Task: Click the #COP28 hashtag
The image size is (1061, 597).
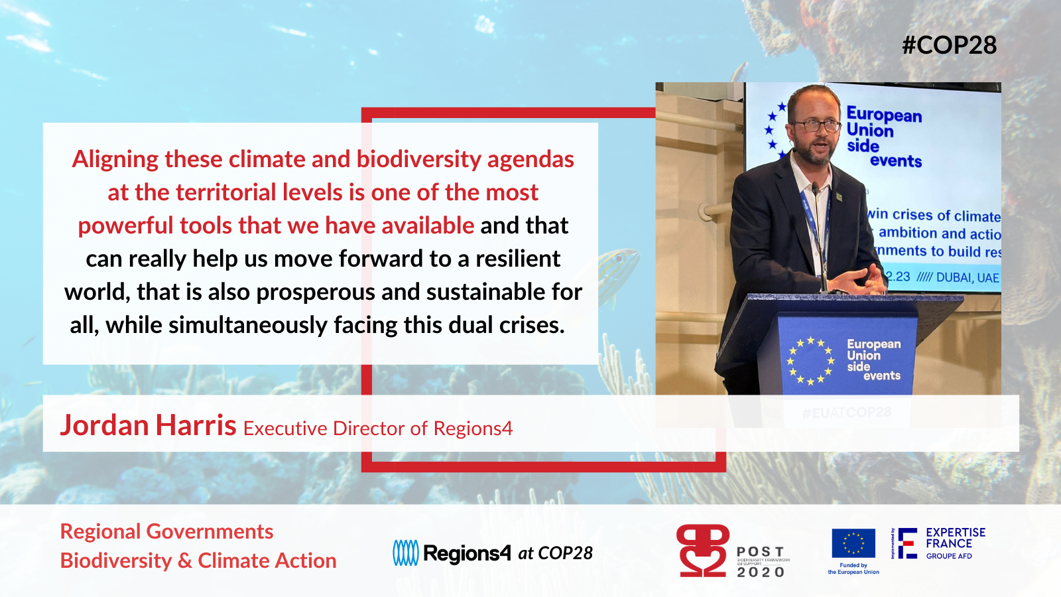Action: coord(949,45)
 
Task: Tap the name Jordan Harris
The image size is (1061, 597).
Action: coord(149,425)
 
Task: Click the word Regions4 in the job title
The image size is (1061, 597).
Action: coord(473,429)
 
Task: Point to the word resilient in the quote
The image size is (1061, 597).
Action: coord(518,259)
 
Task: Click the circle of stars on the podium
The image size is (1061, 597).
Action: coord(810,361)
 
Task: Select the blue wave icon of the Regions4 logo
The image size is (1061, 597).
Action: coord(405,553)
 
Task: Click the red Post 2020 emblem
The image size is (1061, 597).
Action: coord(703,551)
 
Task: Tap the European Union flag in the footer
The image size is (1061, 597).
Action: coord(853,544)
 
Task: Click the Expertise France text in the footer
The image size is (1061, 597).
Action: coord(955,538)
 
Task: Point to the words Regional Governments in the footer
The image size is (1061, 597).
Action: coord(166,531)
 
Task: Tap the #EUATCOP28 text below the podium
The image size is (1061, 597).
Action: coord(846,413)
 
